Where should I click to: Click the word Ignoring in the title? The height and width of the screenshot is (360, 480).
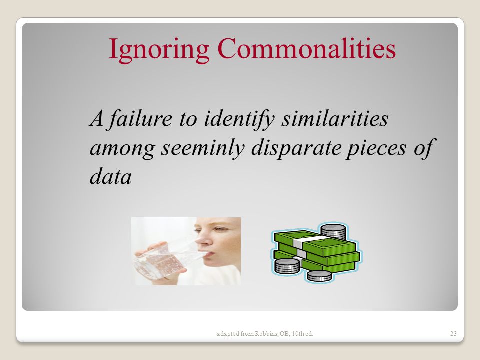159,49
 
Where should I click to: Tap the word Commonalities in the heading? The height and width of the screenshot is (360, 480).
306,48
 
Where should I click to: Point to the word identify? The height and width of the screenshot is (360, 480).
239,119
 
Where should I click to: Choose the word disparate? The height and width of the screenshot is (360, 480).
296,149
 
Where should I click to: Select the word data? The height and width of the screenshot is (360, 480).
111,176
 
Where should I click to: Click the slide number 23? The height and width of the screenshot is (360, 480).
453,333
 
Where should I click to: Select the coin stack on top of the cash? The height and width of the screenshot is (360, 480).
333,231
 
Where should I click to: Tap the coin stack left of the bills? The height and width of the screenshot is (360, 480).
287,266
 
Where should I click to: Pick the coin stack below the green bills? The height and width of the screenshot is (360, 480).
319,276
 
